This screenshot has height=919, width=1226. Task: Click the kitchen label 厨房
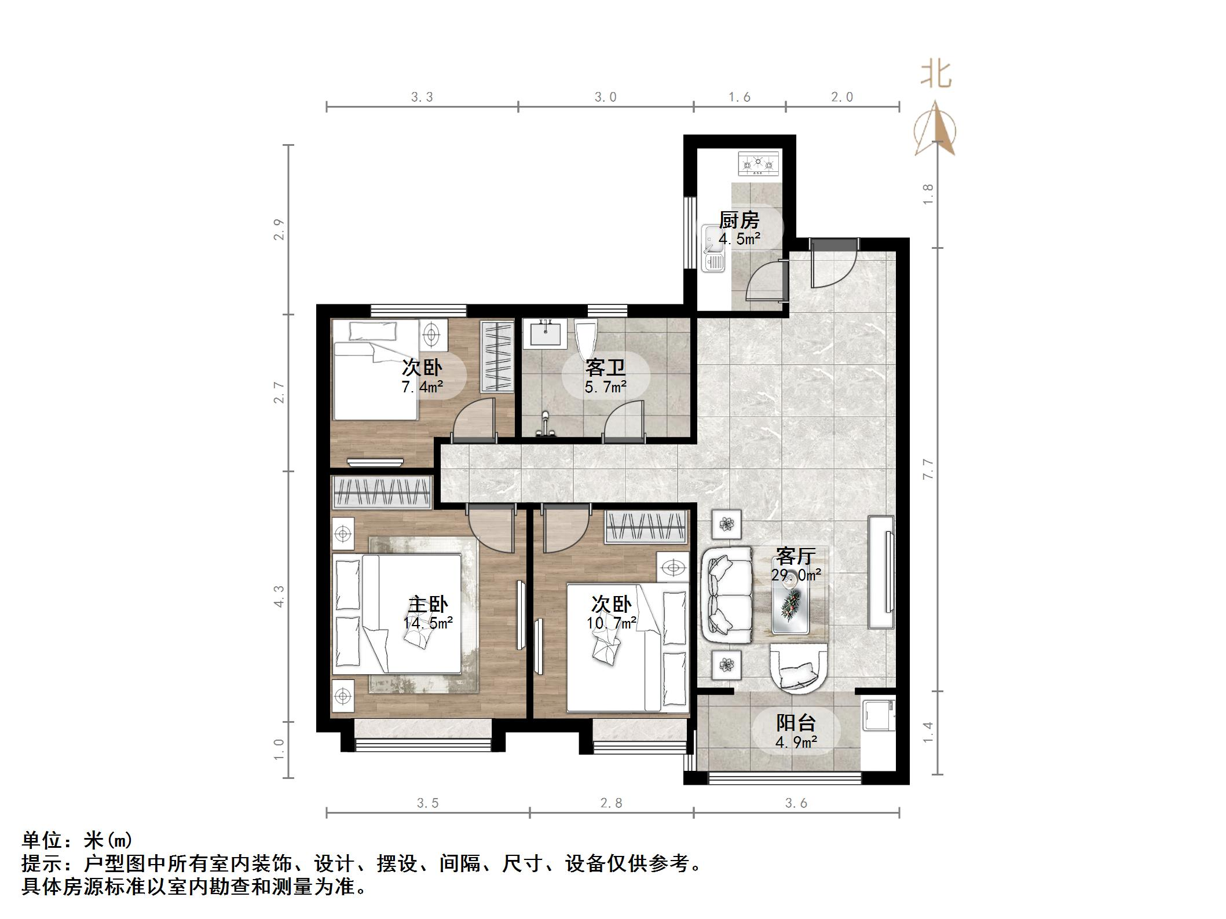[739, 220]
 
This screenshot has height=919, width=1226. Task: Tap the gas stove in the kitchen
[759, 164]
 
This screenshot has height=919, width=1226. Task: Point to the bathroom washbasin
[544, 334]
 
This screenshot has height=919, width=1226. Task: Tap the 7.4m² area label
[422, 387]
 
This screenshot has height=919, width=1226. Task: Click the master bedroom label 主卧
[427, 604]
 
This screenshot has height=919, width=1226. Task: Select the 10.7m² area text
[612, 623]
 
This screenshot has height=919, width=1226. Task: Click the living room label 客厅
[795, 556]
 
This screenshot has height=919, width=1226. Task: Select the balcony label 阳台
[796, 722]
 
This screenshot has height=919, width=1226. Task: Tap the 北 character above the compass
[936, 76]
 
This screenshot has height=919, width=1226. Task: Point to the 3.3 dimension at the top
[422, 97]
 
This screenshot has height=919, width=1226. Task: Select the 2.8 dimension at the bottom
[611, 803]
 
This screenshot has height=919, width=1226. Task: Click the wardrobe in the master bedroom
[382, 492]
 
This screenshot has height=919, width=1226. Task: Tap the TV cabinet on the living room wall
[881, 571]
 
